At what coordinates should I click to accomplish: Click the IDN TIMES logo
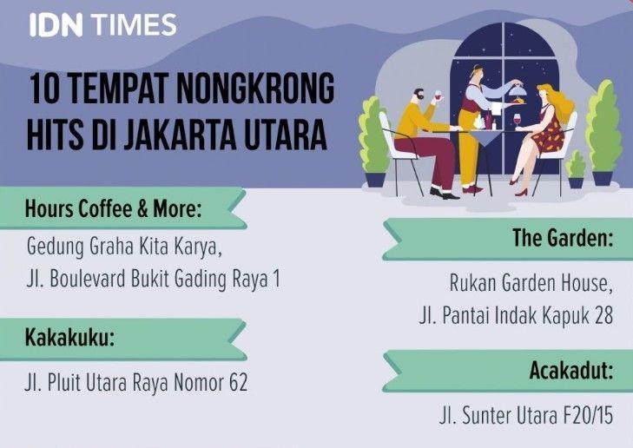[x=103, y=24]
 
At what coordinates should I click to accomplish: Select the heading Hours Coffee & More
[x=113, y=208]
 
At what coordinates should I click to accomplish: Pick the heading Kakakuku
[x=69, y=337]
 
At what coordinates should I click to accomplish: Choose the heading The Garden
[x=563, y=237]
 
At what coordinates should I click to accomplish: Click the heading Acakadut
[x=571, y=370]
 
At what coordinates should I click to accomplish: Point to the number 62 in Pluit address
[x=238, y=382]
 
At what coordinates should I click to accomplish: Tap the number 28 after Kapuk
[x=603, y=315]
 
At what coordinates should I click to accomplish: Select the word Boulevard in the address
[x=87, y=279]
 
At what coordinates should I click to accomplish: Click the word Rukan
[x=472, y=282]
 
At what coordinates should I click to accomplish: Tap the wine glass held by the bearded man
[x=438, y=96]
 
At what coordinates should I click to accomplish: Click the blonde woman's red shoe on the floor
[x=521, y=192]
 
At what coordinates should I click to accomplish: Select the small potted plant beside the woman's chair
[x=576, y=168]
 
